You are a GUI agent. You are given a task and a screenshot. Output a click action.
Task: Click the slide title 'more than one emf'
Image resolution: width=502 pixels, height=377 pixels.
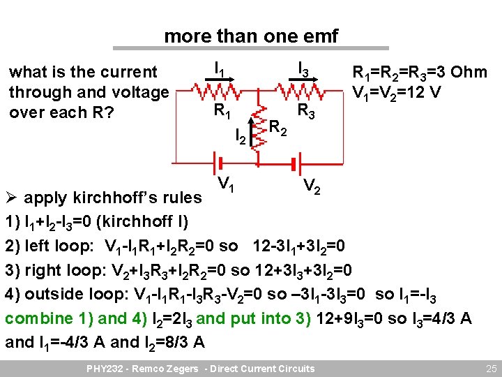tap(250, 36)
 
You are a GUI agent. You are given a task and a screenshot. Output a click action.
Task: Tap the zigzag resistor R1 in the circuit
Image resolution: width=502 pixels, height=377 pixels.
tap(219, 91)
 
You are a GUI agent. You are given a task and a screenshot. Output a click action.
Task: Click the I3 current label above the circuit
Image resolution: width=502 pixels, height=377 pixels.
tap(305, 68)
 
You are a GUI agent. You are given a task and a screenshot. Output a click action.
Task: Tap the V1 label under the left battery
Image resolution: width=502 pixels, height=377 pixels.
tap(224, 185)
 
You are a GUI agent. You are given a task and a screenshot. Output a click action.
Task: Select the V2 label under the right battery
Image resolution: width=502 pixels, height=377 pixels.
tap(312, 186)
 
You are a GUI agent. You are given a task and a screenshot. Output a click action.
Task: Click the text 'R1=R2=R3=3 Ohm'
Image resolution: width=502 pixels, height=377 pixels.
tap(420, 73)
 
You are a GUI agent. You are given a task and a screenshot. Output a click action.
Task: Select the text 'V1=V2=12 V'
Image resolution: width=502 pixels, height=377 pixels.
tap(397, 92)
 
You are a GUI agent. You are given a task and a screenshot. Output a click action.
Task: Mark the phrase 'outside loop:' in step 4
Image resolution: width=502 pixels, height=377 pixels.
tap(73, 294)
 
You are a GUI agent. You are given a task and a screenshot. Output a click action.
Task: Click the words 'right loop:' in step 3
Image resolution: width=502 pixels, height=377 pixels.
tap(66, 270)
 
